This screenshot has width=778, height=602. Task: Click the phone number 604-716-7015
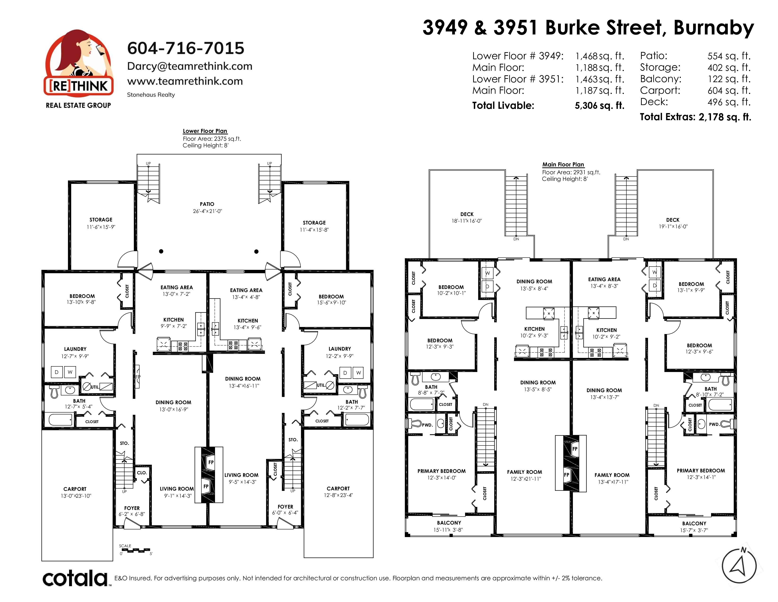(x=186, y=48)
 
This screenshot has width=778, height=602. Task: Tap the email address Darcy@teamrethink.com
(x=190, y=66)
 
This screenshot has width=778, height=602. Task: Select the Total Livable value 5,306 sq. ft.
(x=600, y=106)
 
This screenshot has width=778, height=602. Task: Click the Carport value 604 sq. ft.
(x=729, y=91)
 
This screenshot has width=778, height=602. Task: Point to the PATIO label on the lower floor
(x=207, y=204)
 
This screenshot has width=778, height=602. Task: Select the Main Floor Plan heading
(x=563, y=164)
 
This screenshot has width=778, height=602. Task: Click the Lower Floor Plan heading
(x=205, y=131)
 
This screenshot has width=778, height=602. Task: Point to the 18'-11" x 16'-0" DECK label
(x=467, y=218)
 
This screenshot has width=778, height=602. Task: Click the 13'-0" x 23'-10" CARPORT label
(x=75, y=492)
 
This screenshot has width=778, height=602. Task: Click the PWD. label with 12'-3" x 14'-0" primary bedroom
(x=427, y=425)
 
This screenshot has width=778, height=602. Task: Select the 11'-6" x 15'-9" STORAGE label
(x=101, y=223)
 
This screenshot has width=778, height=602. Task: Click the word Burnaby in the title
(x=714, y=28)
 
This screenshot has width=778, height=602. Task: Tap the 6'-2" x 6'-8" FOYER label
(x=132, y=511)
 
